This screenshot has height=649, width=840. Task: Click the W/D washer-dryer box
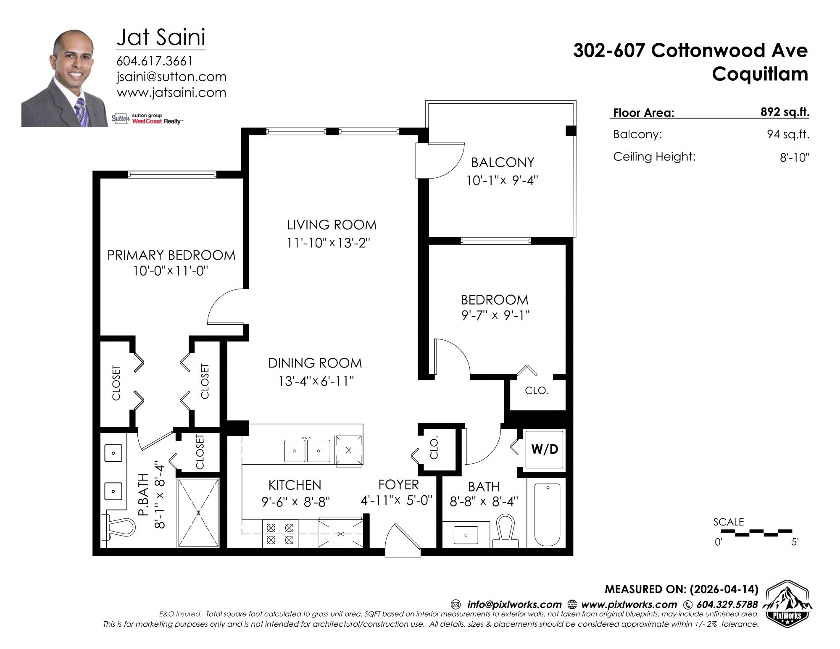[544, 449]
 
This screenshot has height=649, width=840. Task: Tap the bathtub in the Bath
[547, 515]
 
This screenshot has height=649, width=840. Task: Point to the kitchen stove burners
[280, 533]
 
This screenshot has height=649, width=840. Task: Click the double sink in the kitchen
[307, 451]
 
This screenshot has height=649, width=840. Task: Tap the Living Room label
[332, 225]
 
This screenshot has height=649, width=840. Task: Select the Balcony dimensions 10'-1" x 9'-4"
[502, 181]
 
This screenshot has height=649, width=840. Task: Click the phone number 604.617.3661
[154, 61]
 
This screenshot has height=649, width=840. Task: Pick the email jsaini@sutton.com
[171, 77]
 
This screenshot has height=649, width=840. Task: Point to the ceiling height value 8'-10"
[792, 158]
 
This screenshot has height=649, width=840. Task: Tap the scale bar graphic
[756, 532]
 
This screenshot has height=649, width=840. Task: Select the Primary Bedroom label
[171, 255]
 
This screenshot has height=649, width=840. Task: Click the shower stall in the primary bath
[199, 512]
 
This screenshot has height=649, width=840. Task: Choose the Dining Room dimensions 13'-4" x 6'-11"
[316, 381]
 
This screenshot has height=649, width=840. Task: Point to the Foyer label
[399, 485]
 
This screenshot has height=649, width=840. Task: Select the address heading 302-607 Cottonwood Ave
[690, 51]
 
